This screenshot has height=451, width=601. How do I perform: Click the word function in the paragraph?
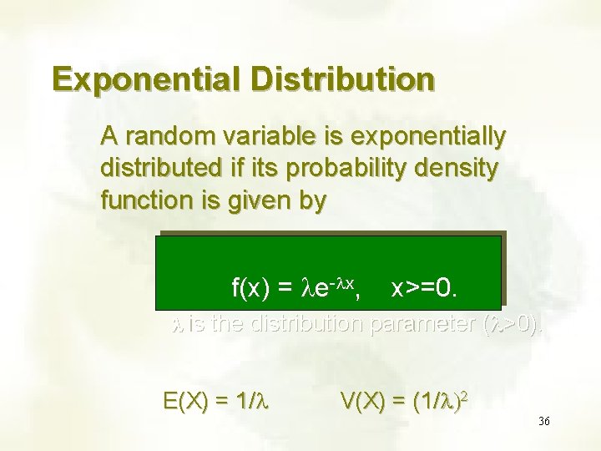point(142,201)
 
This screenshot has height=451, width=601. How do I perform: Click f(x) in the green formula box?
point(250,290)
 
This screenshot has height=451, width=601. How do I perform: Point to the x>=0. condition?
point(424,290)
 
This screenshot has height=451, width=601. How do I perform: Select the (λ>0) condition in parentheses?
point(513,324)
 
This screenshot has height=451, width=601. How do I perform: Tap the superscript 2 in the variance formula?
point(464,393)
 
